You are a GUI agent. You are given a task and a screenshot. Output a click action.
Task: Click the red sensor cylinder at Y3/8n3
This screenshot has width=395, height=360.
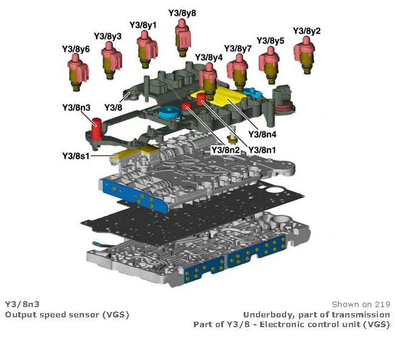(x=96, y=131)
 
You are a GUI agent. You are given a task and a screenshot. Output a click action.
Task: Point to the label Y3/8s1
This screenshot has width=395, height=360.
(x=77, y=156)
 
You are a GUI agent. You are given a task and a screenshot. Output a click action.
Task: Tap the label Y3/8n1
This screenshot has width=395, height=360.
(x=263, y=149)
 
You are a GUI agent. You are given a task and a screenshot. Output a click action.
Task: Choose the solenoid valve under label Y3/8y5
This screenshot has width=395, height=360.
(x=268, y=60)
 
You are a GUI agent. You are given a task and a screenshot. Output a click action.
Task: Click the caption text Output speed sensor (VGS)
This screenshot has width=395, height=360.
(x=67, y=314)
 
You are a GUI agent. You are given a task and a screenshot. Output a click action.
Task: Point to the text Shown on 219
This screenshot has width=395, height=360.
(x=360, y=303)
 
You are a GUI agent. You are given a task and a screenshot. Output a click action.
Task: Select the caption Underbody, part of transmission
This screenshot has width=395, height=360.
(x=316, y=314)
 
